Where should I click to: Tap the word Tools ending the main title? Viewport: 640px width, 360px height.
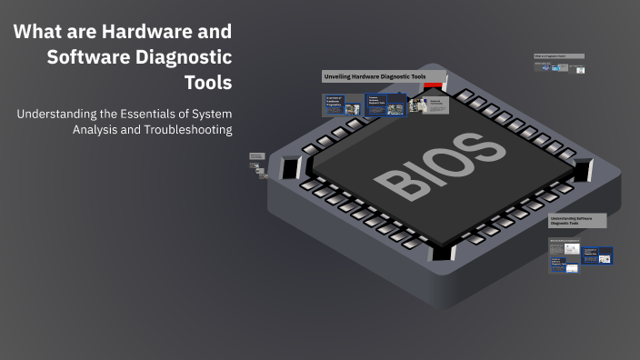click(206, 82)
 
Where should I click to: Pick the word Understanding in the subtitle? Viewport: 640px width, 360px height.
click(55, 114)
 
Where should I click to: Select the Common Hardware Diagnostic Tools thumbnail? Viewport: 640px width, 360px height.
click(385, 105)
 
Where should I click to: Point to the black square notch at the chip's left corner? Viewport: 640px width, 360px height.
click(290, 169)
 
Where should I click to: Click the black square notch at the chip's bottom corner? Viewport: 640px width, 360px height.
click(441, 252)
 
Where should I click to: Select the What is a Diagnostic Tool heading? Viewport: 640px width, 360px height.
click(558, 56)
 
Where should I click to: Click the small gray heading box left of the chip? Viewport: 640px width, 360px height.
click(256, 157)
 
